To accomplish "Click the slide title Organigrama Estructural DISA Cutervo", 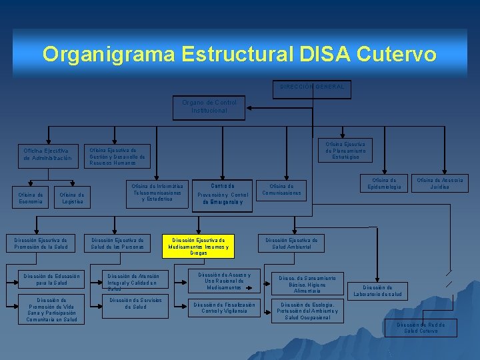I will point(239,54).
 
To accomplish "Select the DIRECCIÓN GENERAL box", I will point(312,87).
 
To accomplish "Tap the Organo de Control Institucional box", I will point(209,107).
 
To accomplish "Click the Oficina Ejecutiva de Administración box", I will point(47,155).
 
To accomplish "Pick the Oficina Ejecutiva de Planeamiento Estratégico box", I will point(345,151).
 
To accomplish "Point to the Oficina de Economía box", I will point(31,198).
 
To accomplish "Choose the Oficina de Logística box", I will point(72,198).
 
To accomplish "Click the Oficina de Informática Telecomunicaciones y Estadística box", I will point(157,193).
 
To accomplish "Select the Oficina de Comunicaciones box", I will point(281,189).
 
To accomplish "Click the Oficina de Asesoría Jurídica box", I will point(439,183).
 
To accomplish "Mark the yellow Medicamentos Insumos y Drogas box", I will point(199,246).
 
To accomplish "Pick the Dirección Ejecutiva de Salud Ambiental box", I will point(291,243).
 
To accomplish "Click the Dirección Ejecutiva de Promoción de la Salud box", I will point(41,243).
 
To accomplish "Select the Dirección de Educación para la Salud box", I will point(51,279).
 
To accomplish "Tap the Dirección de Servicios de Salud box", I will point(135,303).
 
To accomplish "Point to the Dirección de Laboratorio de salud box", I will point(377,291).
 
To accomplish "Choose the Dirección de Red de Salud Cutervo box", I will point(421,327).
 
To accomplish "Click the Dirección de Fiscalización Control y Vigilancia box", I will point(219,307).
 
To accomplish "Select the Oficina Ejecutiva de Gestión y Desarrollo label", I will point(117,156).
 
